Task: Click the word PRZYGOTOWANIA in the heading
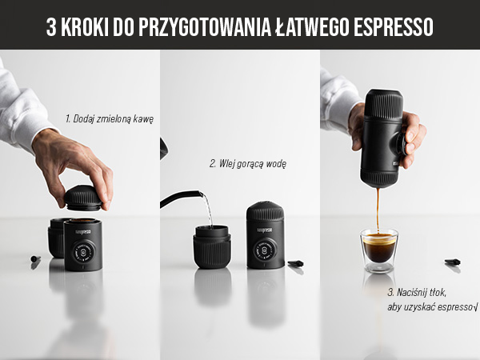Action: tap(215, 28)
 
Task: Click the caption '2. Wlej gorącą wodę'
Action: tap(248, 163)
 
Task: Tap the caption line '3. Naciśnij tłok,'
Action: tap(415, 293)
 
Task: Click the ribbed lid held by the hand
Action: tap(82, 197)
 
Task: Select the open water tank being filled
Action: tap(212, 245)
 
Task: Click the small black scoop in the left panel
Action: tap(35, 260)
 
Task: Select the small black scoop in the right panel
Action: tap(453, 262)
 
